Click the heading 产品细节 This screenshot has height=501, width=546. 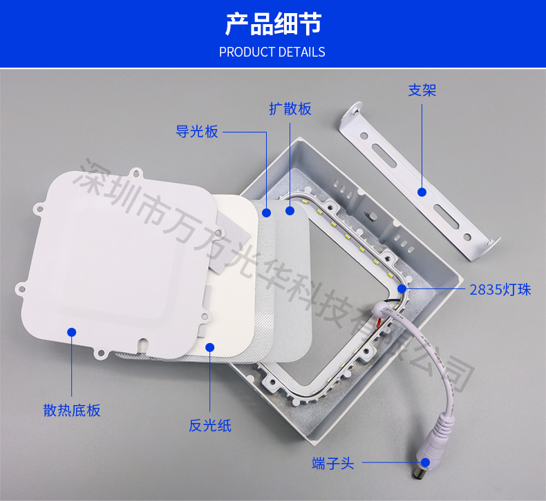pyautogui.click(x=273, y=23)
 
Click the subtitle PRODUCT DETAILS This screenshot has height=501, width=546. pyautogui.click(x=272, y=52)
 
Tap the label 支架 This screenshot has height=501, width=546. pyautogui.click(x=422, y=90)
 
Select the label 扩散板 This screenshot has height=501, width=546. pyautogui.click(x=290, y=109)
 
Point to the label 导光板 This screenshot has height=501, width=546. pyautogui.click(x=197, y=131)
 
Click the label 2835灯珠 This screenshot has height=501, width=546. pyautogui.click(x=500, y=290)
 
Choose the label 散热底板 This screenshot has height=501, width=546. pyautogui.click(x=72, y=411)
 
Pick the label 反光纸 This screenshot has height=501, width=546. pyautogui.click(x=210, y=426)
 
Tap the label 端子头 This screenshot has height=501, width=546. pyautogui.click(x=333, y=463)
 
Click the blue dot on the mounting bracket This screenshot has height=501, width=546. pyautogui.click(x=422, y=192)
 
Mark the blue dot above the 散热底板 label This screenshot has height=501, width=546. pyautogui.click(x=72, y=332)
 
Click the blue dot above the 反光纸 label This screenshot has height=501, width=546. pyautogui.click(x=210, y=347)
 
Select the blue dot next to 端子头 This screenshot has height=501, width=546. pyautogui.click(x=425, y=462)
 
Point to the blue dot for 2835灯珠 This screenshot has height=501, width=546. pyautogui.click(x=402, y=288)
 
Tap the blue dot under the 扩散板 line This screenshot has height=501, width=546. pyautogui.click(x=290, y=210)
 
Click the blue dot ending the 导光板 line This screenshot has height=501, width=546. pyautogui.click(x=266, y=213)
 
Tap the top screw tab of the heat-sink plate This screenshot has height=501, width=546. pyautogui.click(x=135, y=173)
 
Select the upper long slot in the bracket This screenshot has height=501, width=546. pyautogui.click(x=384, y=155)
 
